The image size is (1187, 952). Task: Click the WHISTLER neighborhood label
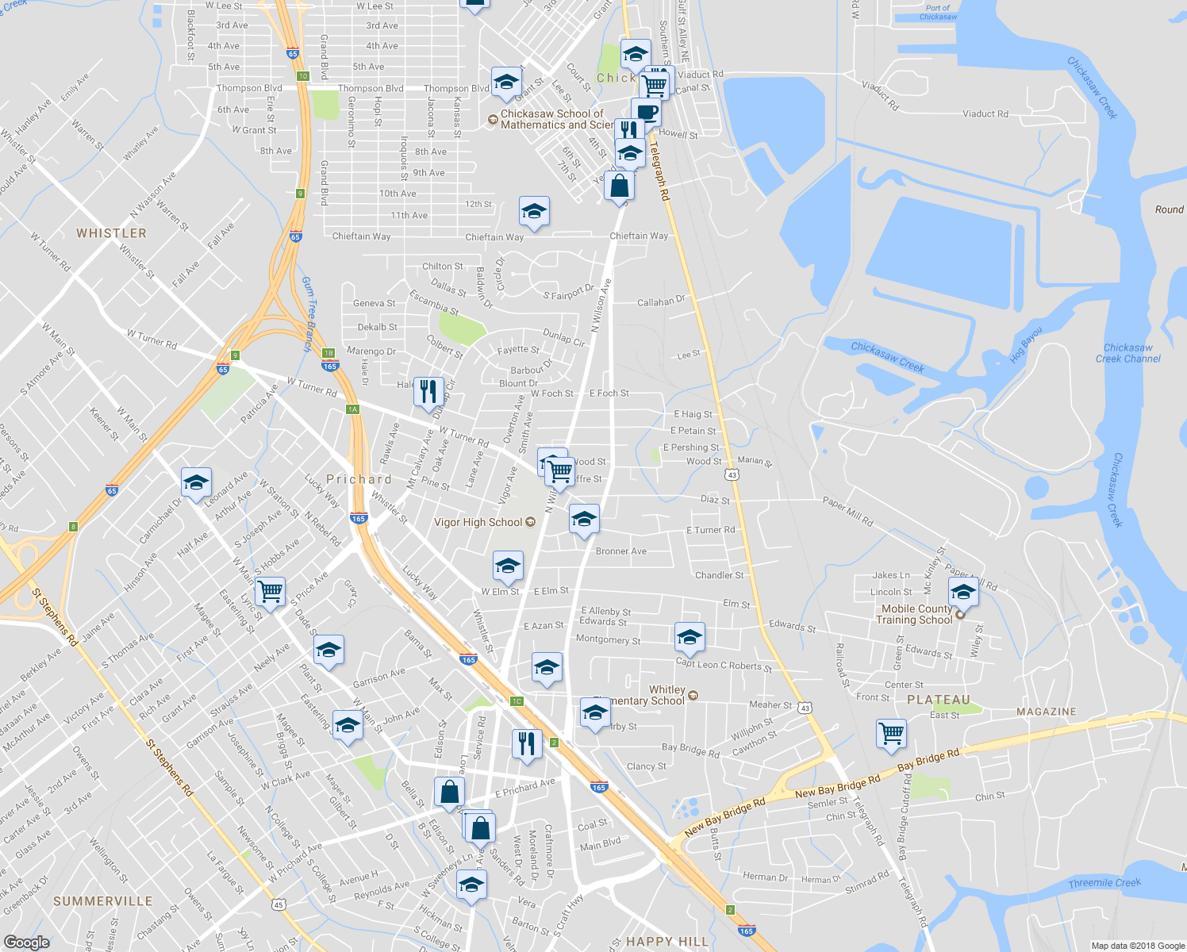click(111, 233)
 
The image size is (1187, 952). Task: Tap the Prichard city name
click(359, 479)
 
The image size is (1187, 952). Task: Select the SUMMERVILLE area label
click(102, 901)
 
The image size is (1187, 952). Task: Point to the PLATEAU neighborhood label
click(939, 700)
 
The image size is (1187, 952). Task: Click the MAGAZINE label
click(1047, 712)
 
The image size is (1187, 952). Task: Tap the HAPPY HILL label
click(666, 942)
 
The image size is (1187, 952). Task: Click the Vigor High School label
click(478, 522)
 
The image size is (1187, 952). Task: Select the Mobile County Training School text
click(916, 614)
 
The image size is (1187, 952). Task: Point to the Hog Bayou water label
click(1025, 345)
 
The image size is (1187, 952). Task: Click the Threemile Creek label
click(1104, 883)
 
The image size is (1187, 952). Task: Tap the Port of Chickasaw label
click(938, 12)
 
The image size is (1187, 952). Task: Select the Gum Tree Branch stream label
click(309, 313)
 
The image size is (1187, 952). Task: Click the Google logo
click(26, 942)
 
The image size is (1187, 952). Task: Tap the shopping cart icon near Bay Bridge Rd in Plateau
click(892, 733)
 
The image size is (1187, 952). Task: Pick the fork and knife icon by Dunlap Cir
click(428, 391)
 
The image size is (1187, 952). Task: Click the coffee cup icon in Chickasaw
click(646, 112)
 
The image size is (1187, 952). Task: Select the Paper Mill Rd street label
click(847, 512)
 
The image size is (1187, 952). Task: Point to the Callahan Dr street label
click(660, 301)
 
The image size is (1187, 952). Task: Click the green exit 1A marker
click(352, 409)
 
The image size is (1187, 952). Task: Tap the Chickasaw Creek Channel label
click(1127, 353)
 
